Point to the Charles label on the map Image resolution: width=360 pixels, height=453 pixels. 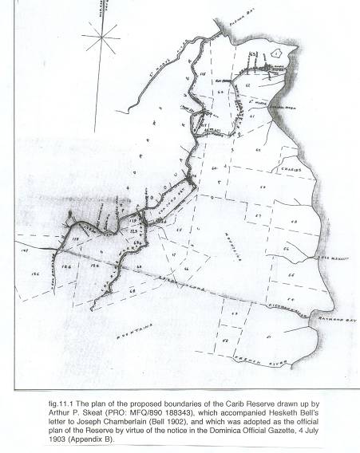tap(288, 169)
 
